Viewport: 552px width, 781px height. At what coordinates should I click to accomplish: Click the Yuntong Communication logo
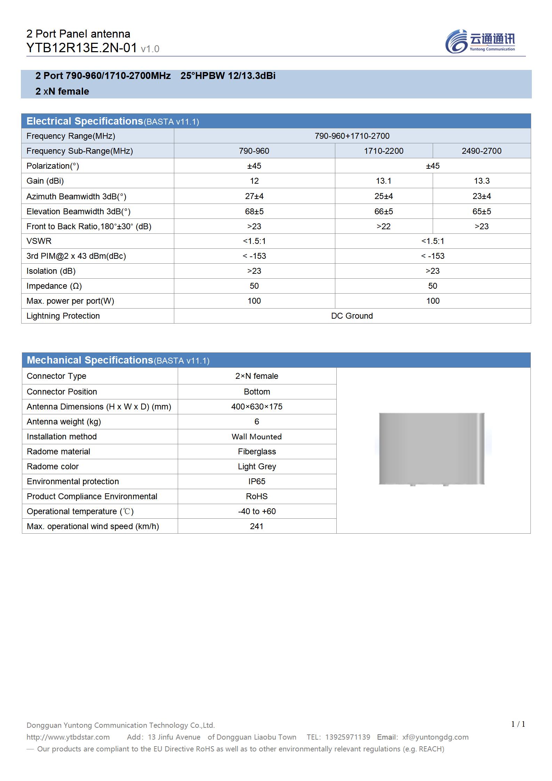tap(480, 41)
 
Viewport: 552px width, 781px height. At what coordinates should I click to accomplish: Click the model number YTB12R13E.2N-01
tap(82, 48)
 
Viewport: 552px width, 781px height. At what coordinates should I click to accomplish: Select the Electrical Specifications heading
tap(85, 121)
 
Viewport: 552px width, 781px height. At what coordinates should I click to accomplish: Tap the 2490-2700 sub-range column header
tap(481, 151)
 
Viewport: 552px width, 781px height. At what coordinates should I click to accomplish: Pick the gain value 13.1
tap(383, 181)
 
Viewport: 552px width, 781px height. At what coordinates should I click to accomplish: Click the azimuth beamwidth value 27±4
tap(254, 196)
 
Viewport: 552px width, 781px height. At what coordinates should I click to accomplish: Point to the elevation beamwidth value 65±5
tap(481, 212)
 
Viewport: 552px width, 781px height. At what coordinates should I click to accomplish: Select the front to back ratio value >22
tap(383, 226)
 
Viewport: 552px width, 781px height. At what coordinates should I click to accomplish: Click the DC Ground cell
tap(352, 316)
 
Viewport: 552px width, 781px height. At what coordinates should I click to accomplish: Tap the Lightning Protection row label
tap(63, 316)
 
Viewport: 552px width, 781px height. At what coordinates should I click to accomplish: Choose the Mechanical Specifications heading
tap(90, 360)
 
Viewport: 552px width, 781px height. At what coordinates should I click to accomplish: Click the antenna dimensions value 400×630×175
tap(257, 407)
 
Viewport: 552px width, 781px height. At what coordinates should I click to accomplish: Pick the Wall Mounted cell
tap(257, 437)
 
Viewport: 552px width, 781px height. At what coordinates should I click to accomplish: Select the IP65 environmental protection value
tap(257, 481)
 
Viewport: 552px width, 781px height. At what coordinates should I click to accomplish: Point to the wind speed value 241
tap(257, 526)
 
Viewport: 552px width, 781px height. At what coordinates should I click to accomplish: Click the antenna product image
tap(431, 449)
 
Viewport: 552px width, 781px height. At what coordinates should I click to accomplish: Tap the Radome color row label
tap(53, 467)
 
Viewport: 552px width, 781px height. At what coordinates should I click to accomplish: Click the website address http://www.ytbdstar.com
tap(68, 737)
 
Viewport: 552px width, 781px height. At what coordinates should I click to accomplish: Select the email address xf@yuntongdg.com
tap(435, 737)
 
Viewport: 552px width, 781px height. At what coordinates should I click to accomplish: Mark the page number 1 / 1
tap(518, 724)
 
